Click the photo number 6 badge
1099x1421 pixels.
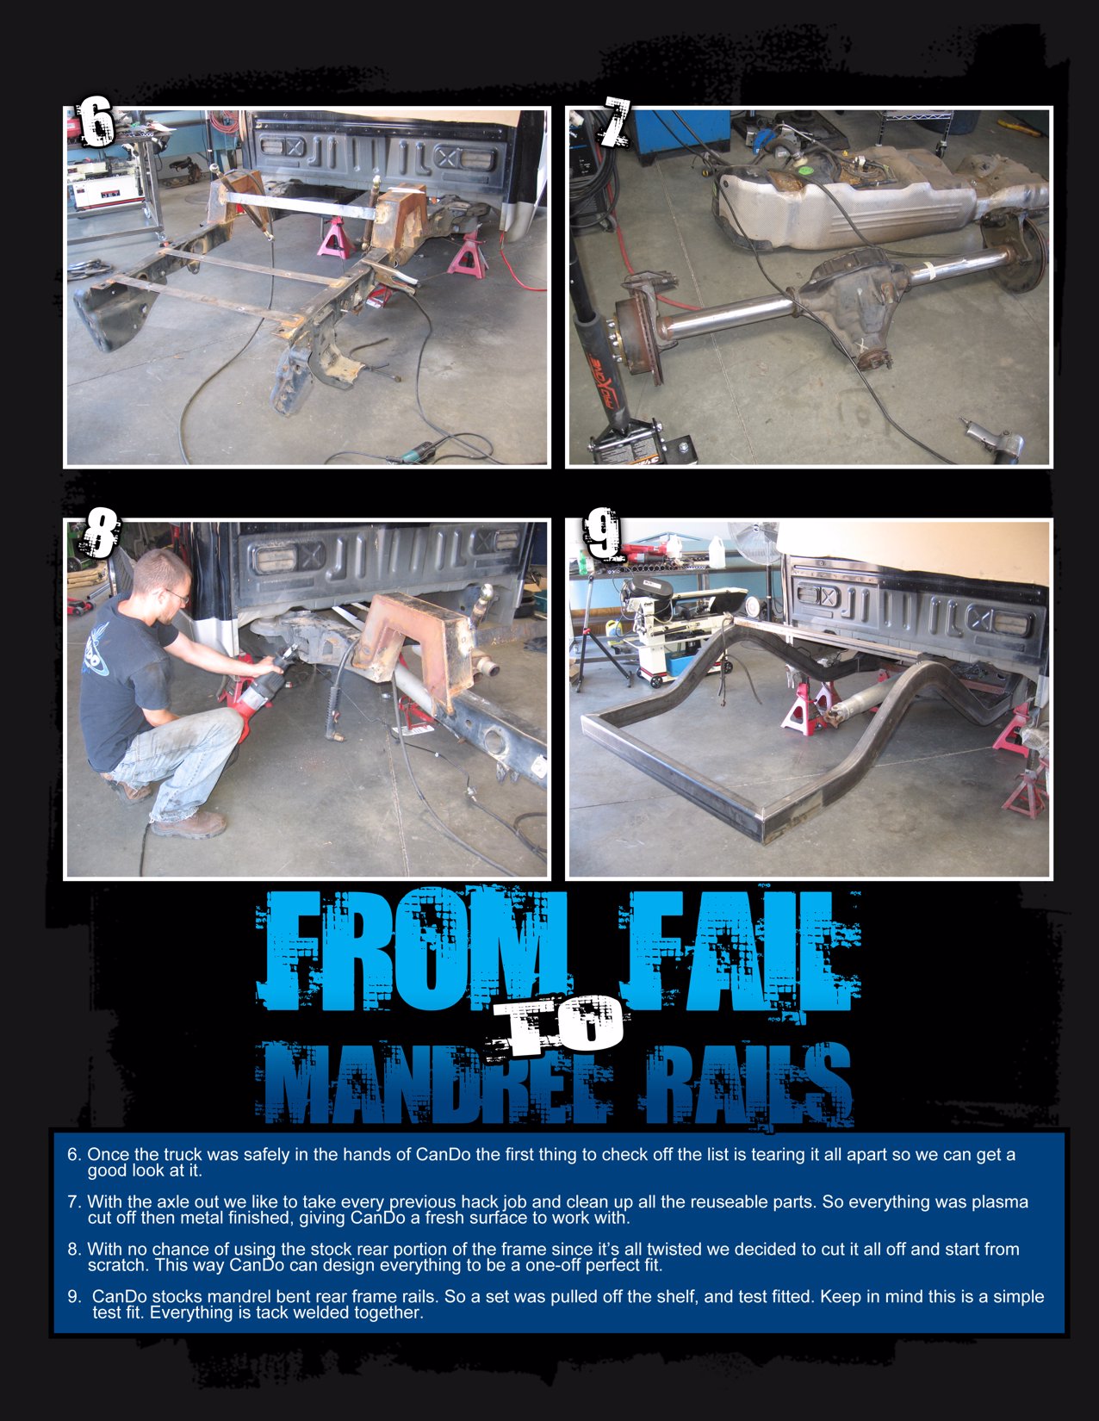click(96, 122)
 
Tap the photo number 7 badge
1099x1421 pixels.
click(614, 122)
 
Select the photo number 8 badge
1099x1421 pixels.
click(100, 533)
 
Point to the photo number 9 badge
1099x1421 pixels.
click(601, 533)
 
